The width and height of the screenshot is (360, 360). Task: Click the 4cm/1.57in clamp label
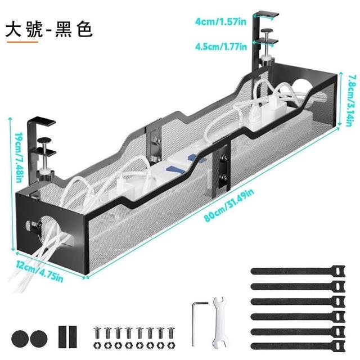tap(220, 22)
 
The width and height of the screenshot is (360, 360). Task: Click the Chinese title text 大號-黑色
tap(48, 30)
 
